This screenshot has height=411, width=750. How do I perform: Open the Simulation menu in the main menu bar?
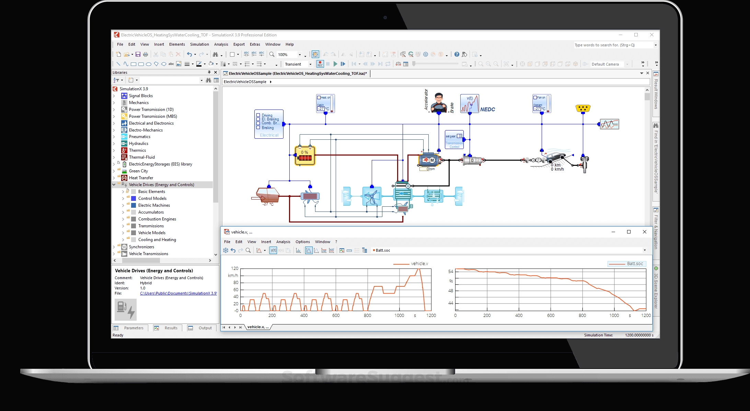199,44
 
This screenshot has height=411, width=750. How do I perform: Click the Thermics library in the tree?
137,150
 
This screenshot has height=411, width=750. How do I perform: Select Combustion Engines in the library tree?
157,219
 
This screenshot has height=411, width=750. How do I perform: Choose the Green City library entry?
138,171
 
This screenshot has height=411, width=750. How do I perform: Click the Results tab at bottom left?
171,328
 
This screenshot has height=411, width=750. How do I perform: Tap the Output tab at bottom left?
205,328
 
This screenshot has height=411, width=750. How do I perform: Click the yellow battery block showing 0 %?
305,156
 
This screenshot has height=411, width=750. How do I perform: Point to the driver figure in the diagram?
439,102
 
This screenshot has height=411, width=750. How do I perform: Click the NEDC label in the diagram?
487,110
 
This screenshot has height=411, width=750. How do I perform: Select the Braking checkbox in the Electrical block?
258,128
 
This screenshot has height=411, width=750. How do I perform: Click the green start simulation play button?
335,64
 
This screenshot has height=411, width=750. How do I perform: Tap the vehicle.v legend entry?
419,264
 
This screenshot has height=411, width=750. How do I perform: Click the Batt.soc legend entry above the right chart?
635,264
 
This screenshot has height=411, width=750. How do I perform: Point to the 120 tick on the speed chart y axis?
235,269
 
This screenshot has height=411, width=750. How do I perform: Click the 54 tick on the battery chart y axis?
451,272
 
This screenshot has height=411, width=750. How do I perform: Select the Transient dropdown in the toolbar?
298,64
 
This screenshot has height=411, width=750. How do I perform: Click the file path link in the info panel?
178,293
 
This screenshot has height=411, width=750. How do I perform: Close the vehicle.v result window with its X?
644,232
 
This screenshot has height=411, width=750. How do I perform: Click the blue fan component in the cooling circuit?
372,196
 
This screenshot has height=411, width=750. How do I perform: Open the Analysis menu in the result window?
283,242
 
